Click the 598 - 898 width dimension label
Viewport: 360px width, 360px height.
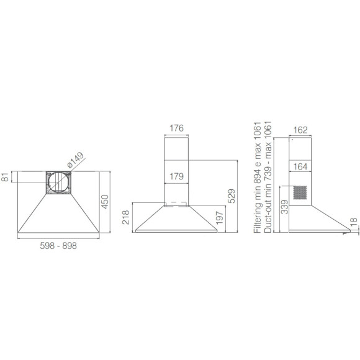(58, 246)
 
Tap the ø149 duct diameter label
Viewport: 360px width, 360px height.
(76, 160)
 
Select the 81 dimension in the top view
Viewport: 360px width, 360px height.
(5, 177)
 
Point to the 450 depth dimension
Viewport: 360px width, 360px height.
(105, 202)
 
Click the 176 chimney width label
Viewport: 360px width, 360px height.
(176, 128)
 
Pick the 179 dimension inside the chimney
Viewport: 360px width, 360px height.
(176, 176)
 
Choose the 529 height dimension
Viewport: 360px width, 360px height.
(231, 196)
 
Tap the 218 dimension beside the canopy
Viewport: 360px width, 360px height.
(126, 217)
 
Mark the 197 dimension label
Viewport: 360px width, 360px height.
(220, 218)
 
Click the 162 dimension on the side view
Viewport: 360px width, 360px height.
(300, 130)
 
